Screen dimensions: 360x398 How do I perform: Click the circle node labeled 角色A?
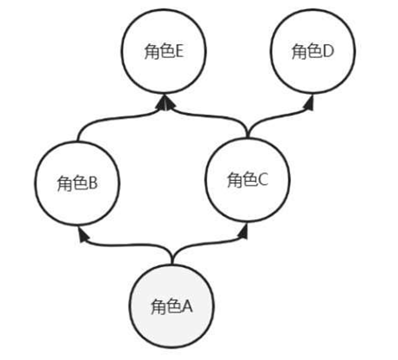(172, 306)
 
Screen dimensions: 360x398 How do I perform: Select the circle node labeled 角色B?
(77, 184)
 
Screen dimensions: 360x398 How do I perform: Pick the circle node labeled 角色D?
(312, 53)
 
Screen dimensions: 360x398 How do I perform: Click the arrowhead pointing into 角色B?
(82, 234)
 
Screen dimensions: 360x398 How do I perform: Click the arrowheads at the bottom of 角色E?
(166, 104)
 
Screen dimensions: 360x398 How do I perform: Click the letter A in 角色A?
(187, 307)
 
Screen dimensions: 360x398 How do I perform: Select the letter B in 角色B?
(93, 184)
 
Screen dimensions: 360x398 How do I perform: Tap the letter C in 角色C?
(263, 180)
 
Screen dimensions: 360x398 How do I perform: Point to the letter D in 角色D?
(328, 52)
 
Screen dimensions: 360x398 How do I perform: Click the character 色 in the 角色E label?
(167, 52)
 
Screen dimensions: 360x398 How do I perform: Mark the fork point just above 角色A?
(172, 255)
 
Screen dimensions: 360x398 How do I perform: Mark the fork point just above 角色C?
(247, 127)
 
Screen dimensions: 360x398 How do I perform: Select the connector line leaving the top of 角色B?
(79, 130)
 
